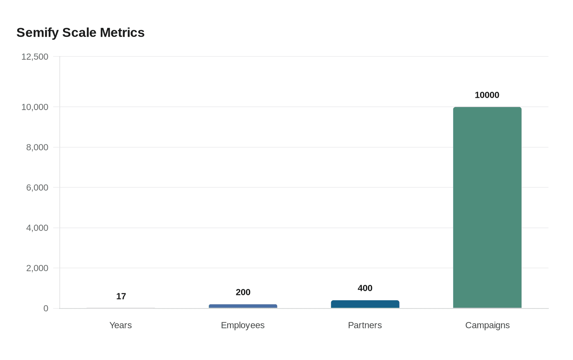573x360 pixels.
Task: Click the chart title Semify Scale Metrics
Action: click(81, 33)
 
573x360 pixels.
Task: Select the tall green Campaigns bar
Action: click(487, 208)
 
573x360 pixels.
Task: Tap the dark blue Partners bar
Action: click(365, 304)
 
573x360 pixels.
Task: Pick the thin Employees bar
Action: click(243, 306)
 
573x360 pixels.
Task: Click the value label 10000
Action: click(487, 95)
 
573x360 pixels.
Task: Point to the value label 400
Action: click(365, 288)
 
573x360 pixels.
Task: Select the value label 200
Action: click(243, 292)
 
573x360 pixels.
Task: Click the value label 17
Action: click(121, 296)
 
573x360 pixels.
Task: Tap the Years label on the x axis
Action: click(120, 325)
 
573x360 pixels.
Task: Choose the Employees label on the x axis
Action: click(243, 325)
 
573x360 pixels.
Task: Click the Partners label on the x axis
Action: click(365, 325)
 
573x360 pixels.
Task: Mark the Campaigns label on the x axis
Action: click(487, 325)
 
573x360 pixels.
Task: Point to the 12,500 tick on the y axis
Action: click(35, 57)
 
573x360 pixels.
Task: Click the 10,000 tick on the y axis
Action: click(35, 107)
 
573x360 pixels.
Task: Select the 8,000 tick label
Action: click(37, 147)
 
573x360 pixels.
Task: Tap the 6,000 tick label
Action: click(37, 188)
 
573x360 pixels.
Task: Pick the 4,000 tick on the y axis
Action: click(37, 228)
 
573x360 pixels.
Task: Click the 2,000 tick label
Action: click(37, 268)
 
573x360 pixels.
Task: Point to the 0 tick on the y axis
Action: click(46, 308)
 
